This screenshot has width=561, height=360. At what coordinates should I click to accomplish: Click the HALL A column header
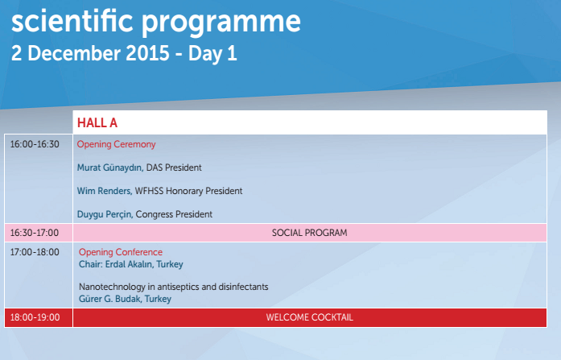point(97,122)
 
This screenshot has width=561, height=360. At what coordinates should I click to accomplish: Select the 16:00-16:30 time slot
point(35,144)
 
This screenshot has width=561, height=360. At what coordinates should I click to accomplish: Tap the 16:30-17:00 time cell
point(35,233)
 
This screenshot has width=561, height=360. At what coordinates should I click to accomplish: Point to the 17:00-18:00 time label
point(35,252)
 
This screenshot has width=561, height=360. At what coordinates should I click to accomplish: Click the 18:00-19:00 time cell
point(35,317)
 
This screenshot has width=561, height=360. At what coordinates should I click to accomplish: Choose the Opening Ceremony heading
point(116,144)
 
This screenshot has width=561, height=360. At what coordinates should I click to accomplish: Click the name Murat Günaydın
point(110,168)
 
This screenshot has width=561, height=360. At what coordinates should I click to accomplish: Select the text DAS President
point(174,168)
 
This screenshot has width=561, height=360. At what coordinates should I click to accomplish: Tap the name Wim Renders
point(105,191)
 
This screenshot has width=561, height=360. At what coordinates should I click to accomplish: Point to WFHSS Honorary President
point(188,191)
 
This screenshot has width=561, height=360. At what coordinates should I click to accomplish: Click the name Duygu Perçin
point(105,214)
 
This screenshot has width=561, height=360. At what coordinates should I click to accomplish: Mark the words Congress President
point(174,214)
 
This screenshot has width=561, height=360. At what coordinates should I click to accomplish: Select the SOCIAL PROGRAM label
point(310,233)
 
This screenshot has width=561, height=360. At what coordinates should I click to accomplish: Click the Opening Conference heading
point(121,252)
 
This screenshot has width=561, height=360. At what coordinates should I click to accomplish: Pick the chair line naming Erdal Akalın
point(131,264)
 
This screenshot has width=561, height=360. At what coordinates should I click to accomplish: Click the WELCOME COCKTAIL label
point(310,317)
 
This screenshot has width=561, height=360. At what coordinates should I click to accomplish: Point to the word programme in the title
point(221,23)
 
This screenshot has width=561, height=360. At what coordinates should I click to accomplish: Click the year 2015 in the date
point(147,53)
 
